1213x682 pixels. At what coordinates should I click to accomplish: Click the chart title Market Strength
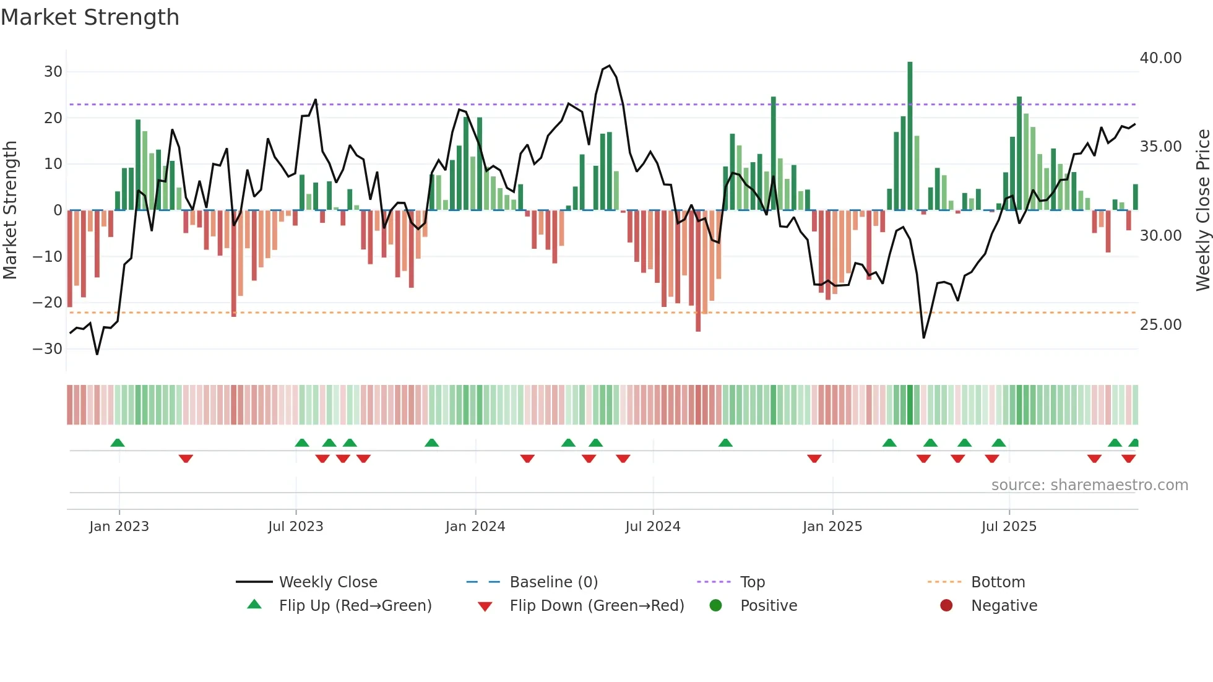click(x=90, y=17)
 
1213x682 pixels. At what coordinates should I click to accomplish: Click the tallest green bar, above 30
click(x=910, y=136)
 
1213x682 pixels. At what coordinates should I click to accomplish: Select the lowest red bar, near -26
click(x=698, y=272)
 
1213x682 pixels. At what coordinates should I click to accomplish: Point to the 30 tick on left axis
click(x=53, y=72)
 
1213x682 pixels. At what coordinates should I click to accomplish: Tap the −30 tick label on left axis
click(x=48, y=349)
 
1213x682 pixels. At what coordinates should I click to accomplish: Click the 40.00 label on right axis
click(x=1160, y=58)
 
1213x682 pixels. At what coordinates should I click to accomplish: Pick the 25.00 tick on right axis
click(x=1160, y=325)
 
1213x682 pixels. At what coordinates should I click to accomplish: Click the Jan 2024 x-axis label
click(x=475, y=527)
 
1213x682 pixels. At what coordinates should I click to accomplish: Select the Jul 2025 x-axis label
click(x=1009, y=527)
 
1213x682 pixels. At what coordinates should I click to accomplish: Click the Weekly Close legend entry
click(x=327, y=582)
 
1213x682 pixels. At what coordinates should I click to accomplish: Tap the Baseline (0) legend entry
click(x=553, y=582)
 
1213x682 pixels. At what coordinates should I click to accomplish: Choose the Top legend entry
click(x=752, y=582)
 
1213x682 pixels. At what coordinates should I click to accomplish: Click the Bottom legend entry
click(x=998, y=582)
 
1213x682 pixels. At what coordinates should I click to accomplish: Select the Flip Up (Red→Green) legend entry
click(x=355, y=606)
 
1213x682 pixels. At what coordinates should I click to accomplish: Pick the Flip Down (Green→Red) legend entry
click(x=597, y=606)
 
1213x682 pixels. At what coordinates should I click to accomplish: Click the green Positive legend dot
click(x=716, y=606)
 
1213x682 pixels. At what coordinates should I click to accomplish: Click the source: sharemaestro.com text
click(x=1089, y=485)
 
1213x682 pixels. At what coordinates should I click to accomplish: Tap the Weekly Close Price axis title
click(x=1202, y=210)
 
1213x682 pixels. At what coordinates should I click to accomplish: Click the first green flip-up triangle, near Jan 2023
click(x=118, y=442)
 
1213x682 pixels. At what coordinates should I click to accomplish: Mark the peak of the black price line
click(x=610, y=66)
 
